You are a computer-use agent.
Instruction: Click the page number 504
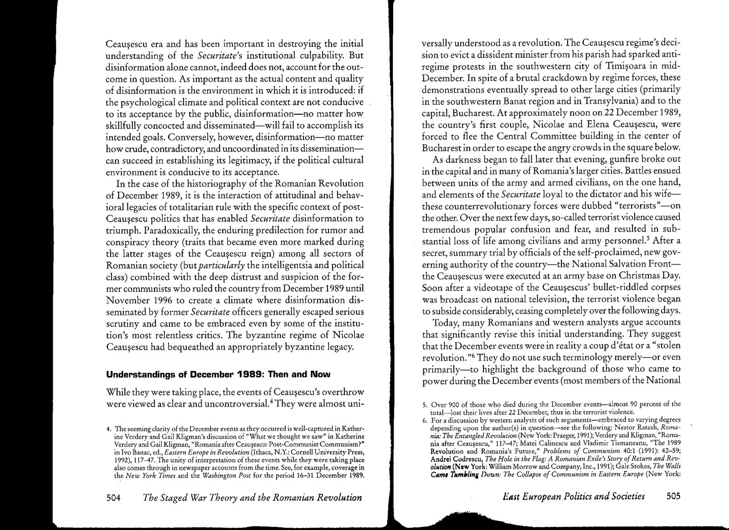[113, 498]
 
